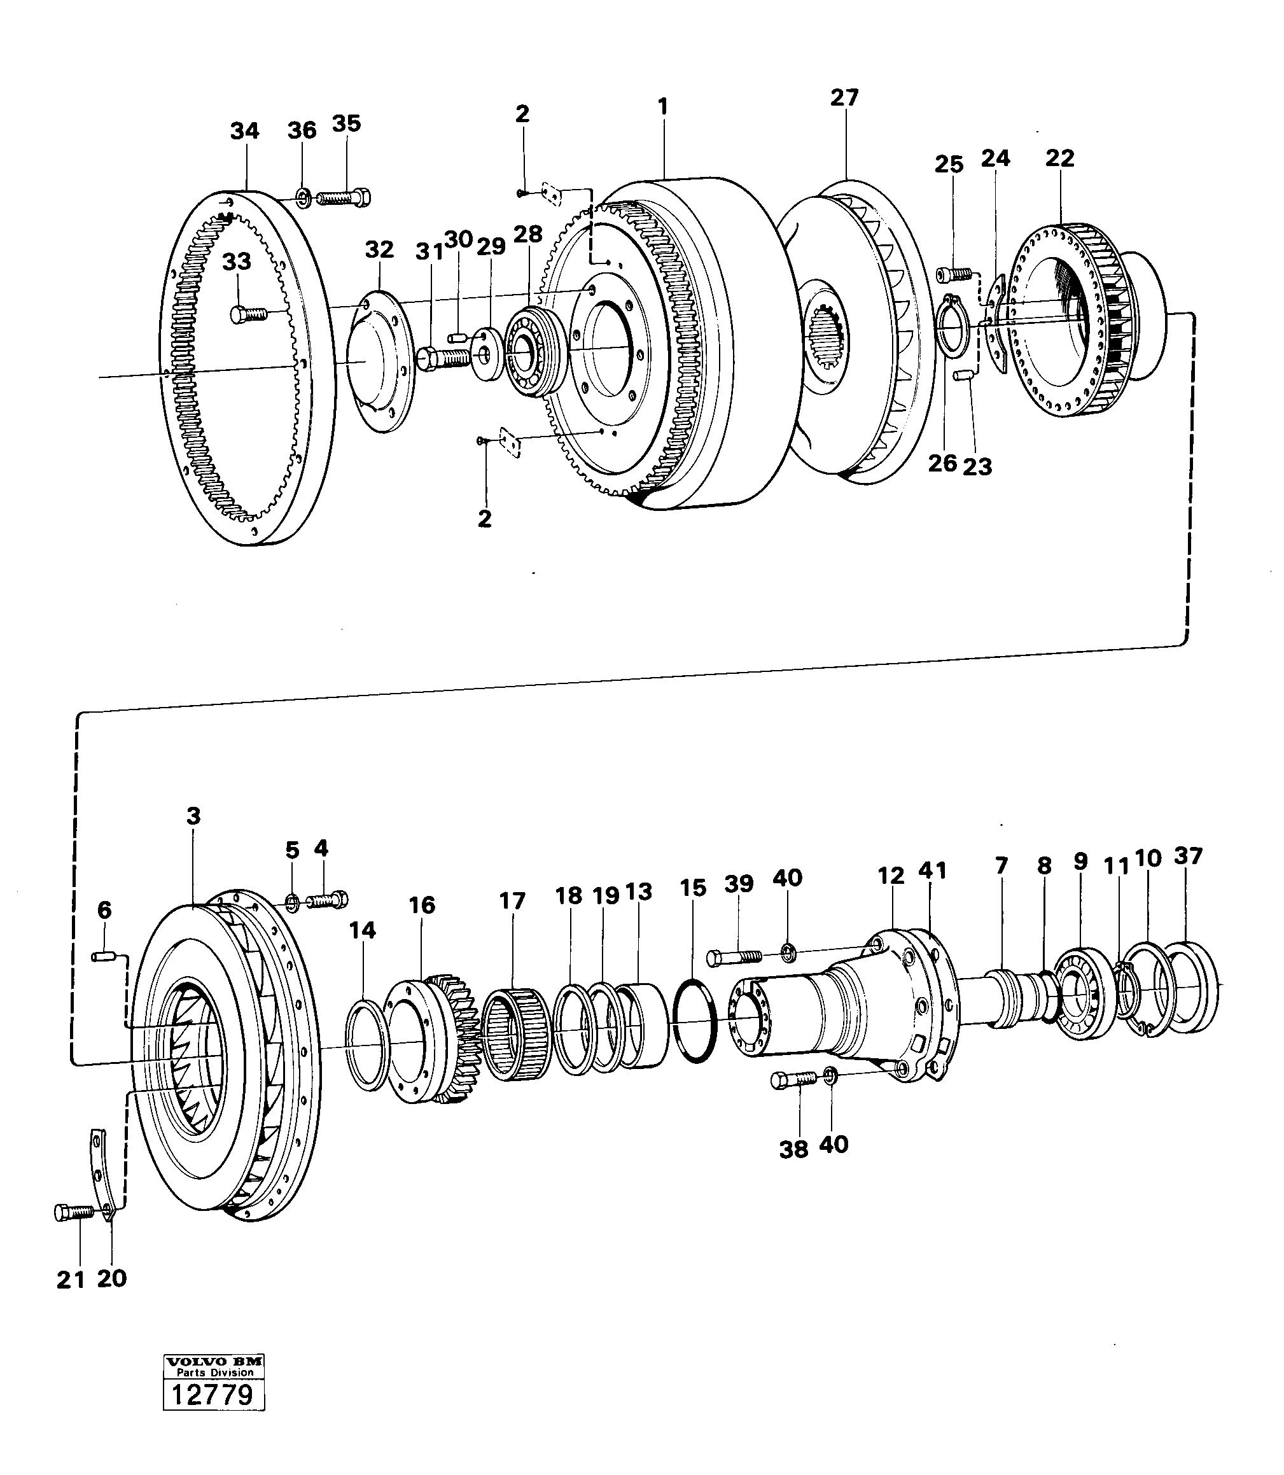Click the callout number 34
coord(244,131)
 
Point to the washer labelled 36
coord(303,195)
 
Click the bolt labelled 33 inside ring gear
coord(248,313)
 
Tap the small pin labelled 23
coord(964,375)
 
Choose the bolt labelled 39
coord(736,957)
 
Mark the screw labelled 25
coord(954,272)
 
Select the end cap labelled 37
coord(1192,987)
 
